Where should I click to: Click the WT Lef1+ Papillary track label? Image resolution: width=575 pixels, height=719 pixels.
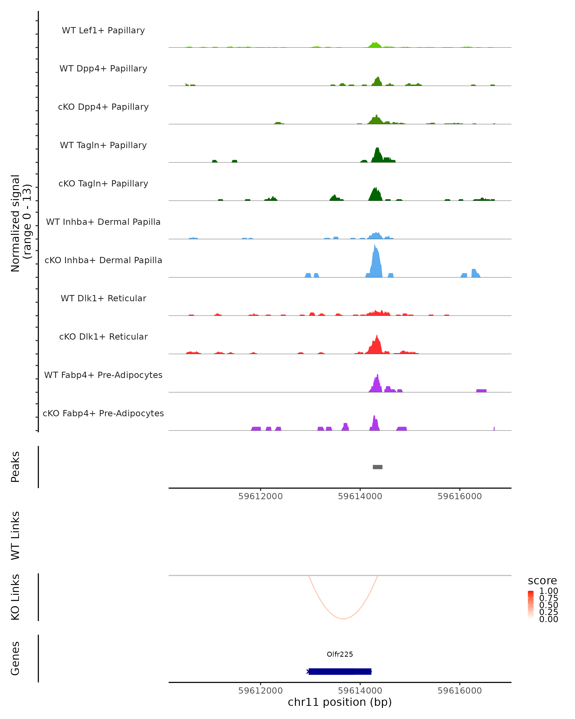[x=103, y=30]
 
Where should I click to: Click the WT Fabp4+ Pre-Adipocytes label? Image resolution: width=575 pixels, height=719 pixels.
[x=103, y=375]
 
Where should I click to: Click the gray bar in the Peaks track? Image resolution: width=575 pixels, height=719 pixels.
[x=377, y=467]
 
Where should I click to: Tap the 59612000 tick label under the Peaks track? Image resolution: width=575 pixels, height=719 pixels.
[x=260, y=496]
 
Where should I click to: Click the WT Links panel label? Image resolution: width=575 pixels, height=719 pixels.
[x=15, y=535]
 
